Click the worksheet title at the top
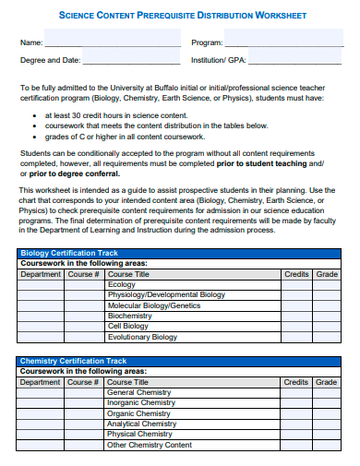182,15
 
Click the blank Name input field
113,42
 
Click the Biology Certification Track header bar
179,253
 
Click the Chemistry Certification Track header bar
179,361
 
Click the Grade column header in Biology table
327,274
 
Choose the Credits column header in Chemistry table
296,382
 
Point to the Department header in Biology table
41,274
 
